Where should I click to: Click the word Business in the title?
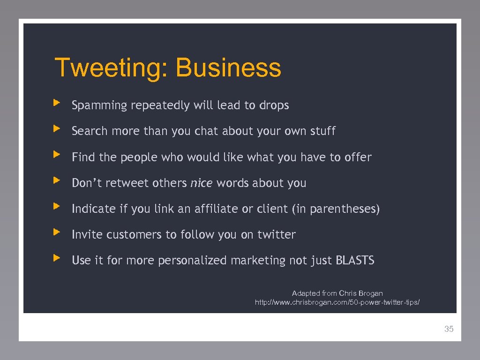[x=228, y=68]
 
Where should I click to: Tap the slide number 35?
[x=449, y=329]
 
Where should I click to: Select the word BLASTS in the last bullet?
[x=355, y=260]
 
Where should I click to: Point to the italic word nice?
[x=201, y=183]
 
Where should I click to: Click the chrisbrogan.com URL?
[x=337, y=303]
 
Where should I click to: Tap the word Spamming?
[x=99, y=106]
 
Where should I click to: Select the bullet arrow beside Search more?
[x=57, y=127]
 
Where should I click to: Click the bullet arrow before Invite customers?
[x=57, y=231]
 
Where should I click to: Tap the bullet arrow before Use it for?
[x=57, y=257]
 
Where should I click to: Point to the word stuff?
[x=322, y=131]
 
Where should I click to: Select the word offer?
[x=358, y=157]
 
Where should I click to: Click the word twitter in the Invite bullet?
[x=276, y=234]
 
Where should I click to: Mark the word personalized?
[x=192, y=261]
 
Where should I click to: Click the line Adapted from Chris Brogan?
[x=337, y=293]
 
